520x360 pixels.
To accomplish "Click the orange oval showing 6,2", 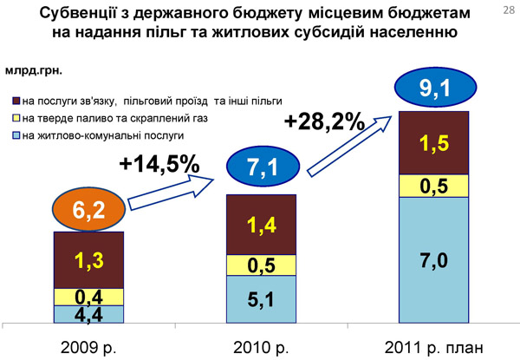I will [x=88, y=209].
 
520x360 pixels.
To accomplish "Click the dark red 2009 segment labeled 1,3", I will [x=88, y=260].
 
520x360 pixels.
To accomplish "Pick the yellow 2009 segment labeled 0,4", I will [x=88, y=296].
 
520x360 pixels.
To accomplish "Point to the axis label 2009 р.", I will [x=88, y=346].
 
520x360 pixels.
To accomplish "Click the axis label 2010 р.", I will [x=261, y=346].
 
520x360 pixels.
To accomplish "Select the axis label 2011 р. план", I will [x=432, y=346].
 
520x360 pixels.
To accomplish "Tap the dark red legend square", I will [x=16, y=100].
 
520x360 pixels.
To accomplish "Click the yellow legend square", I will [x=16, y=117].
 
